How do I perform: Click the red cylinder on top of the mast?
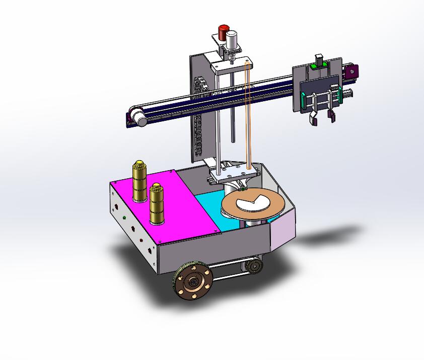pyautogui.click(x=223, y=32)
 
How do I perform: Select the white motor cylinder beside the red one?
pyautogui.click(x=232, y=40)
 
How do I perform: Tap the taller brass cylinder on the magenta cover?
pyautogui.click(x=139, y=181)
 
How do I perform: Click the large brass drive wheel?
pyautogui.click(x=192, y=282)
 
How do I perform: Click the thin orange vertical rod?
pyautogui.click(x=247, y=116)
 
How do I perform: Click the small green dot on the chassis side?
pyautogui.click(x=124, y=218)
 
